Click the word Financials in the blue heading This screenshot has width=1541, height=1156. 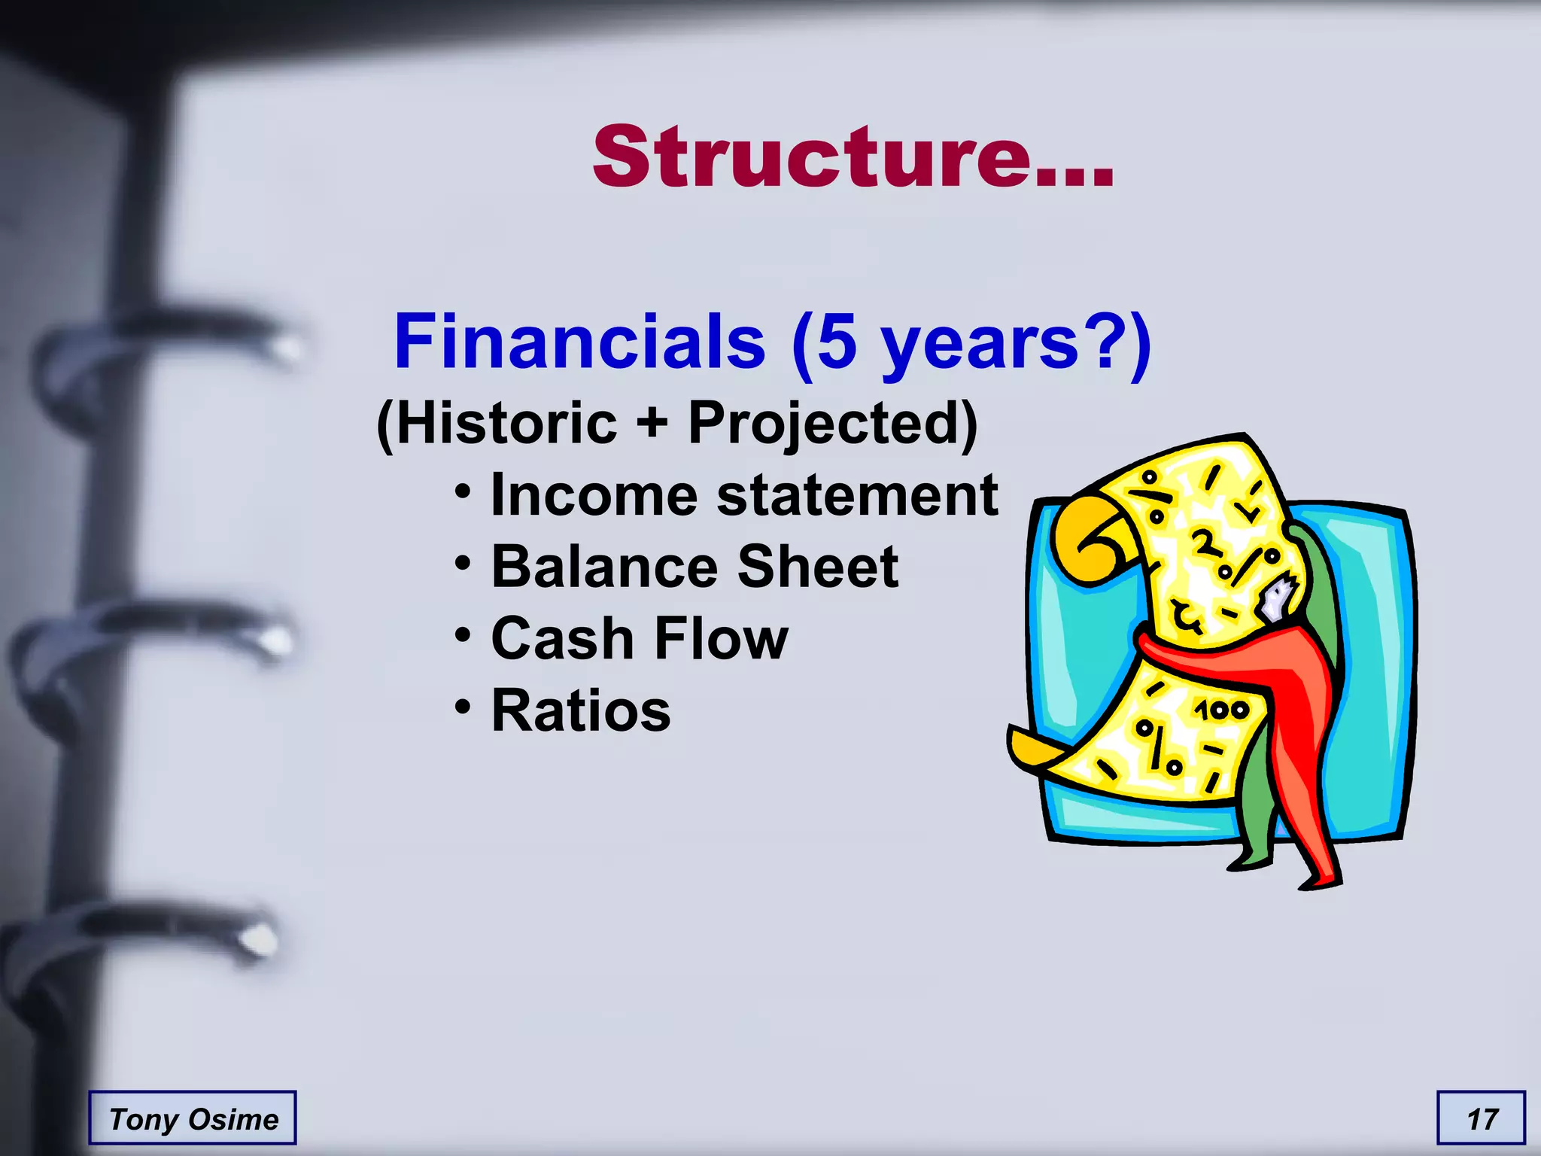579,342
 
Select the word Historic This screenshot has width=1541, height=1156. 506,423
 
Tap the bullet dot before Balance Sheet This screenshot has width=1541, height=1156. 464,563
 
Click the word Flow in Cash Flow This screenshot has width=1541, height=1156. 721,639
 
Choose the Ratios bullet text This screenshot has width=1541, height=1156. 580,710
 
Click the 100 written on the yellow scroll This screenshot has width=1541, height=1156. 1221,710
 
